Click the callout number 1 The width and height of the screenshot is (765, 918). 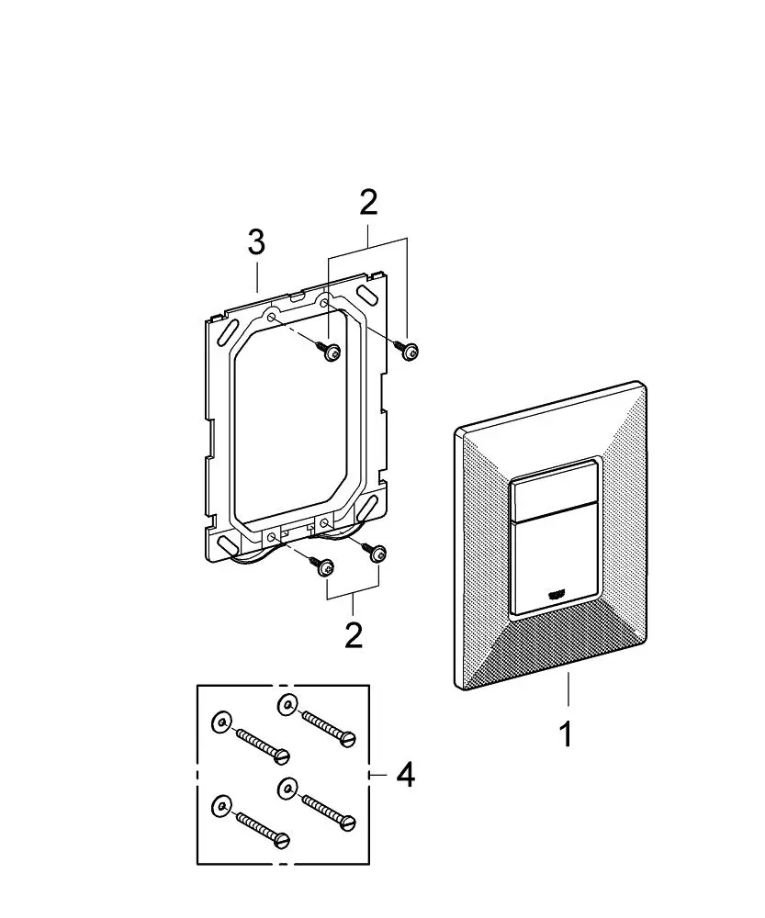coord(567,733)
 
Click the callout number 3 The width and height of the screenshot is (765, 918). coord(256,242)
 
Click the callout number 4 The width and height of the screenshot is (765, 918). coord(405,776)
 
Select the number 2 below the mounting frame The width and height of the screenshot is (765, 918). coord(354,633)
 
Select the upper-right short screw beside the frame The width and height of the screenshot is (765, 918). coord(407,350)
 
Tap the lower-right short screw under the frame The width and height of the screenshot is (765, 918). coord(377,554)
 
